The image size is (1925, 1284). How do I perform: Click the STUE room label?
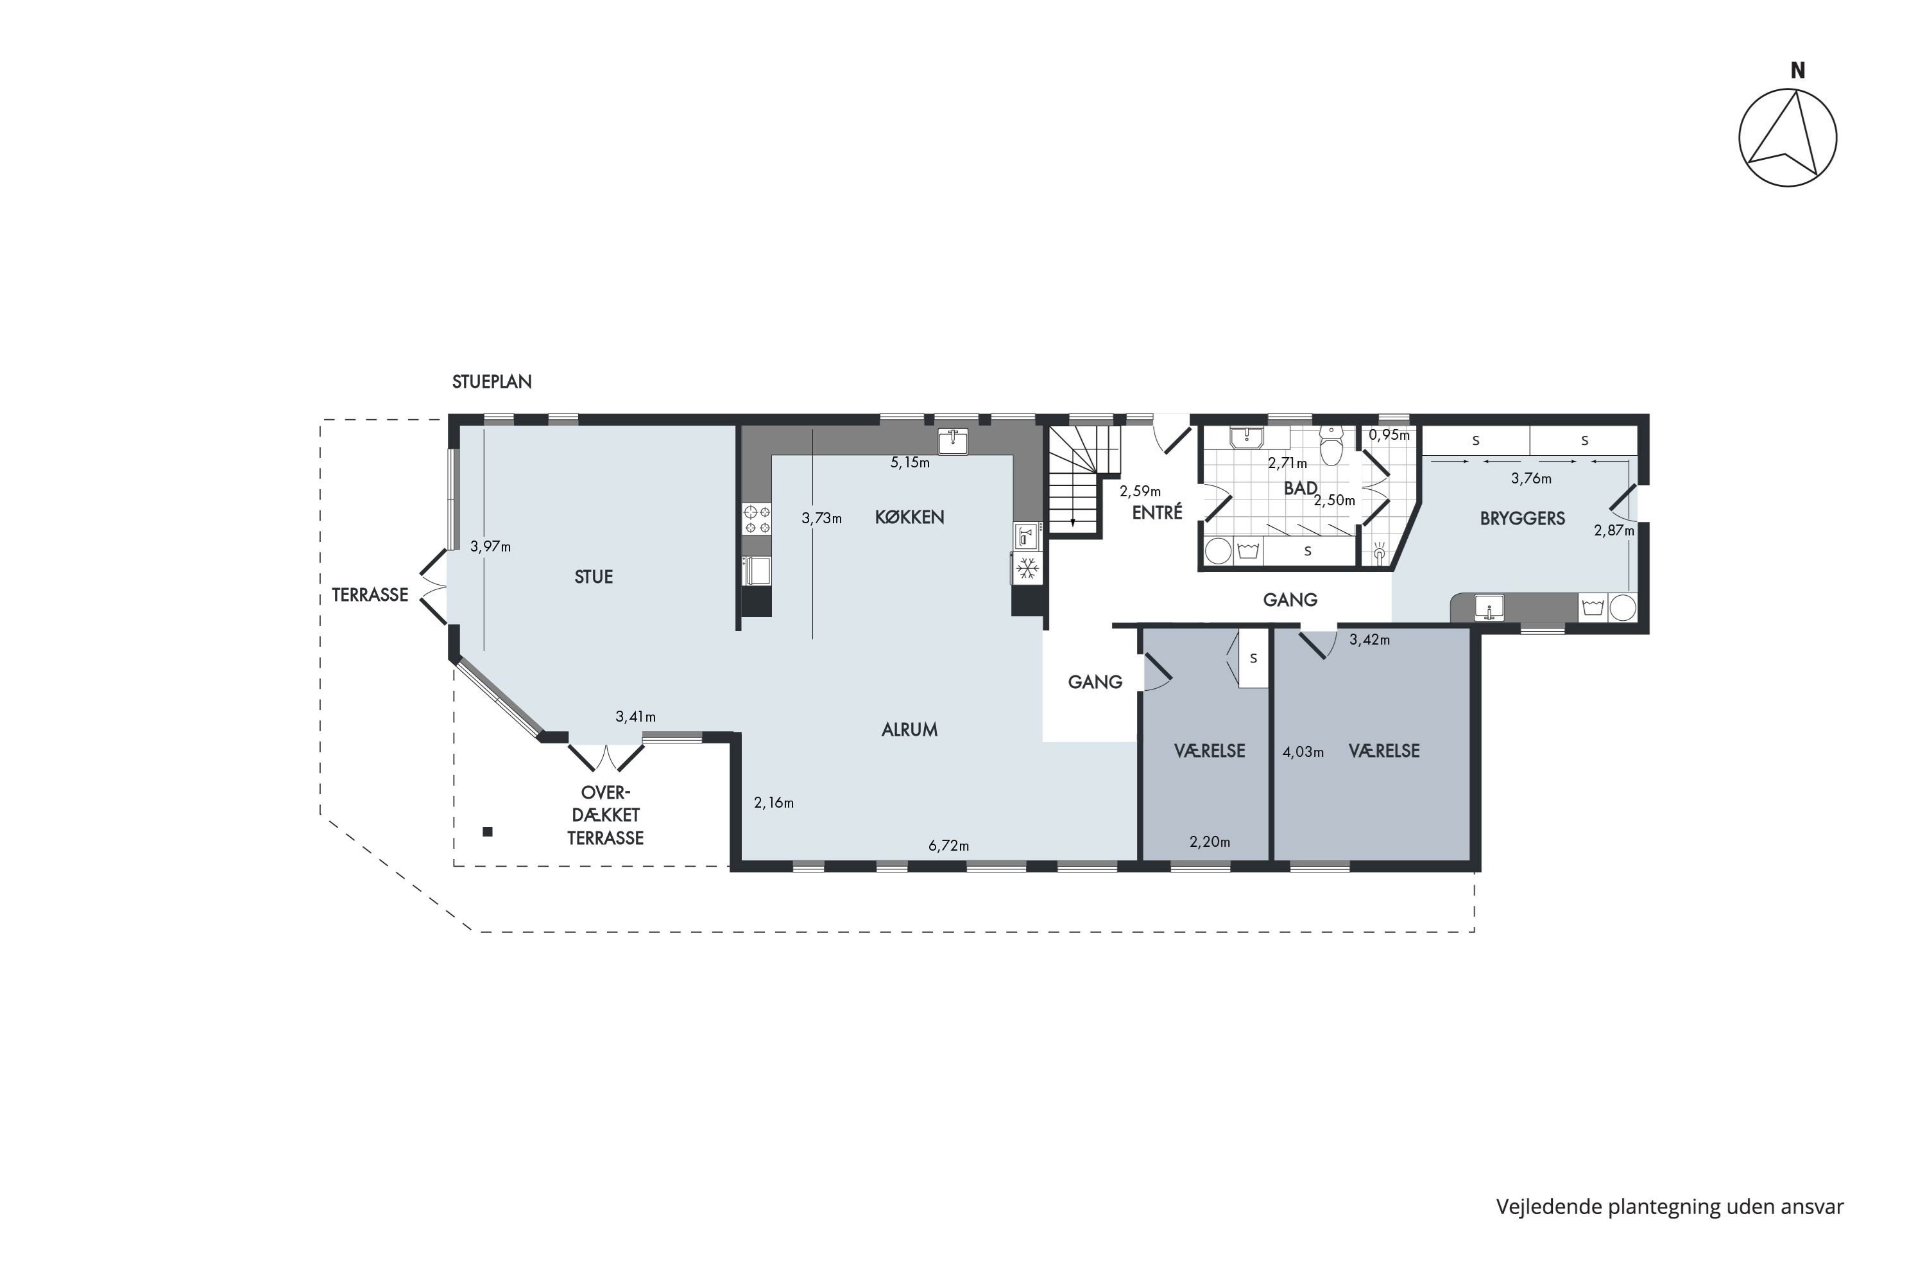594,577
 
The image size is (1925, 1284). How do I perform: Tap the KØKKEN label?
909,517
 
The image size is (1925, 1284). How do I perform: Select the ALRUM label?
909,729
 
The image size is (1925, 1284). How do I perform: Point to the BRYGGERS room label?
1522,517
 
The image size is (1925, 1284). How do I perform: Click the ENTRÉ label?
1158,512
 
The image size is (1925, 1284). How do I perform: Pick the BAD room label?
1301,489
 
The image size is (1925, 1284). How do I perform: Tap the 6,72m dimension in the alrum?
948,846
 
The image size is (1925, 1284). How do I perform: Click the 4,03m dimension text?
1303,752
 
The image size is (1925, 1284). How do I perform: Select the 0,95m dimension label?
1389,435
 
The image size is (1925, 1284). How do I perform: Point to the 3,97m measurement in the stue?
490,546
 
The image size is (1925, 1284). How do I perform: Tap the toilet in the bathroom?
1331,446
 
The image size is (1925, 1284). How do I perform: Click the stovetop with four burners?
757,519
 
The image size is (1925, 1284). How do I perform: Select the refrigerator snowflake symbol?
1028,568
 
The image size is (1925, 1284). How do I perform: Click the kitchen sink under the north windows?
953,442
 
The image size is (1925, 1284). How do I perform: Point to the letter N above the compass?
1797,71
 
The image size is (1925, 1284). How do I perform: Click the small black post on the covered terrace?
488,832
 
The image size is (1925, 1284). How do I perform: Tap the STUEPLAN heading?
492,381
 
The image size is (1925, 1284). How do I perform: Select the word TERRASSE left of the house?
370,595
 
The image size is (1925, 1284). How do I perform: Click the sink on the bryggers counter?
1489,607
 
